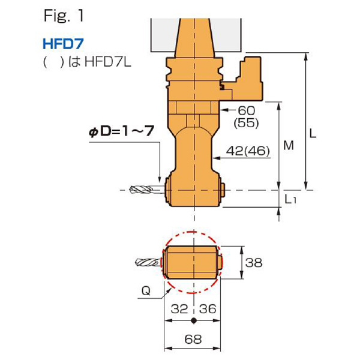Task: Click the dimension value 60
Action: click(x=247, y=111)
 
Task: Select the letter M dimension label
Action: click(x=287, y=146)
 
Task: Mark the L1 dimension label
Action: click(x=290, y=199)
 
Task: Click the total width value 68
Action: click(x=192, y=340)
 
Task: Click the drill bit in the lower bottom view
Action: click(x=148, y=262)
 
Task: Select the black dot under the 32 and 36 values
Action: click(x=193, y=320)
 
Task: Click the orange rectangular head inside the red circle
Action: click(x=191, y=262)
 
